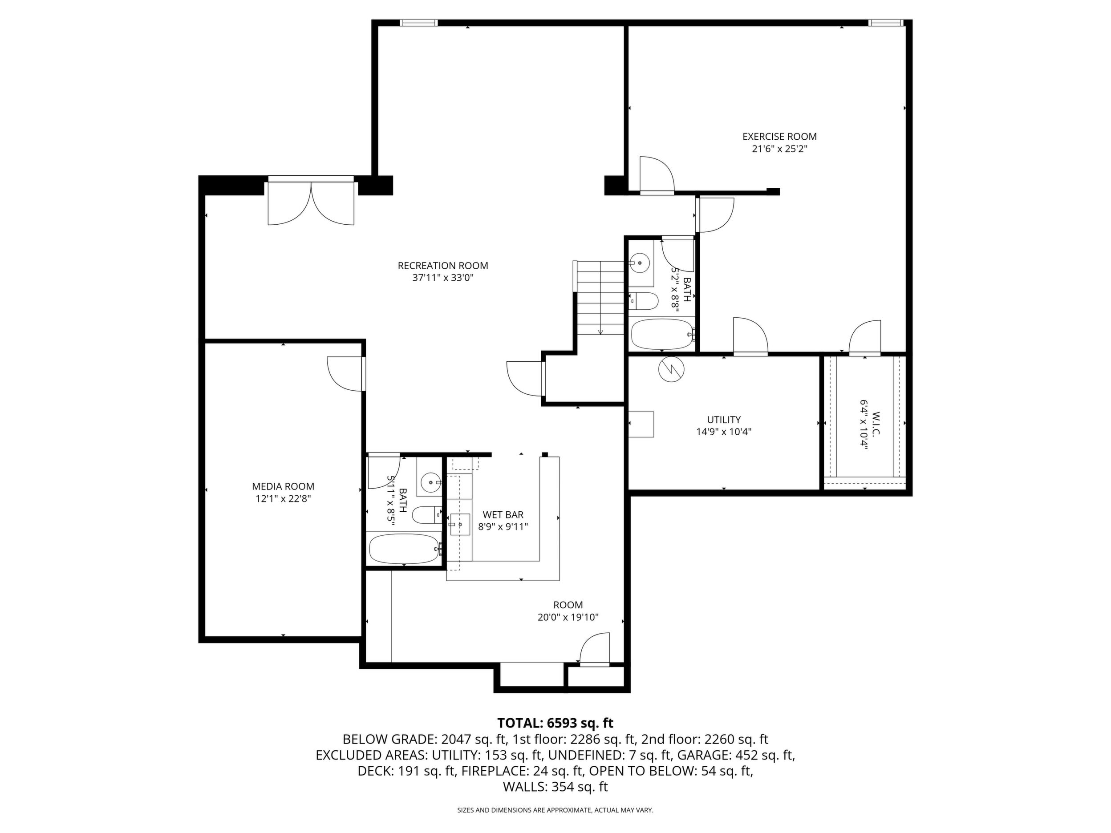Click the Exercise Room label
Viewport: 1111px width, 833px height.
(x=779, y=137)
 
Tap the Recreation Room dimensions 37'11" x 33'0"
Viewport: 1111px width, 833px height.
(x=443, y=278)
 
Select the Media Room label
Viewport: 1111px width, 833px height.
(x=283, y=486)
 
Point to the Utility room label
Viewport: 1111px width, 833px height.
(x=724, y=420)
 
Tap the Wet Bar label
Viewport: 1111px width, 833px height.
(x=503, y=515)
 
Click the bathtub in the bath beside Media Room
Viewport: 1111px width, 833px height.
(x=404, y=548)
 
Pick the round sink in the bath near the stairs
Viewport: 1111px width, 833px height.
(x=639, y=262)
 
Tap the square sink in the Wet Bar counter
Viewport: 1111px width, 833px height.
(x=459, y=524)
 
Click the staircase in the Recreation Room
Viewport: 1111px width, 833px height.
(x=600, y=298)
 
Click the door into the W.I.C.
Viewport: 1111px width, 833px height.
(x=865, y=337)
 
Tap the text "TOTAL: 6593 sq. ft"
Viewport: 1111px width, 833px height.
(x=555, y=723)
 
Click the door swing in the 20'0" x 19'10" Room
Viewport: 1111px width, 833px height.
(x=595, y=650)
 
